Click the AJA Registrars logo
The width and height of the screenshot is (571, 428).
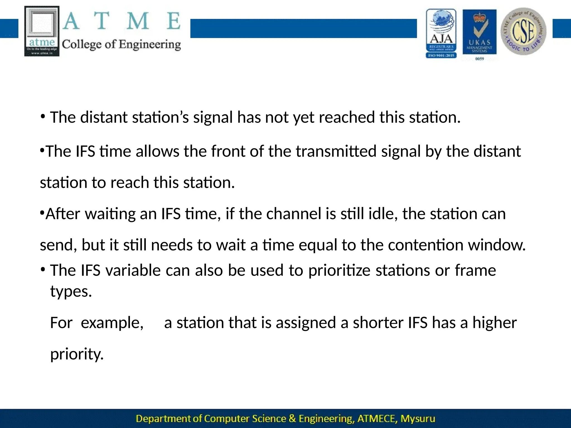click(x=441, y=33)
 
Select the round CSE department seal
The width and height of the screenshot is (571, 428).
click(x=523, y=31)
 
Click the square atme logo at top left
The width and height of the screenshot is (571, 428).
click(x=42, y=31)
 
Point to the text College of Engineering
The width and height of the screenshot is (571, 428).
click(x=121, y=45)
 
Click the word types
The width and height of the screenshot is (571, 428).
click(x=71, y=291)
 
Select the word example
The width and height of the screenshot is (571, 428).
click(x=112, y=323)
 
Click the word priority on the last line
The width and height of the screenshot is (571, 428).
click(x=77, y=354)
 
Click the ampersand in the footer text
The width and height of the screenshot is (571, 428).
click(x=292, y=419)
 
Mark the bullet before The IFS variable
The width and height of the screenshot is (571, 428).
click(x=43, y=270)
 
